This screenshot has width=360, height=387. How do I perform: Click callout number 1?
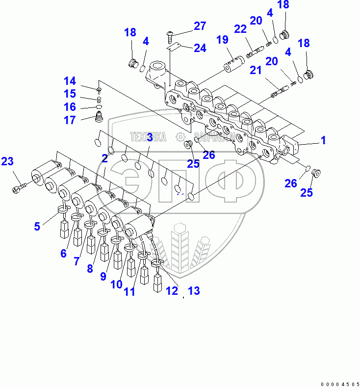[323, 141]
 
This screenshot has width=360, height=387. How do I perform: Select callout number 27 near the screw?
[200, 26]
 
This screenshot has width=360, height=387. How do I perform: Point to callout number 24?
[200, 48]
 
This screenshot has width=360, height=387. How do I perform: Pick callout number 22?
[240, 29]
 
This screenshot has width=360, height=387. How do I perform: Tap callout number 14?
[70, 81]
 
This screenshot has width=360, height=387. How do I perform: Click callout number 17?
[70, 120]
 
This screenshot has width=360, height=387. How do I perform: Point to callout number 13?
[194, 291]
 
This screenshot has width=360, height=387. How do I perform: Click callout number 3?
[150, 137]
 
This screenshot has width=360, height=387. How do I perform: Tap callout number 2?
[104, 158]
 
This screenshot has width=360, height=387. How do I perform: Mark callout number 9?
[103, 276]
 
